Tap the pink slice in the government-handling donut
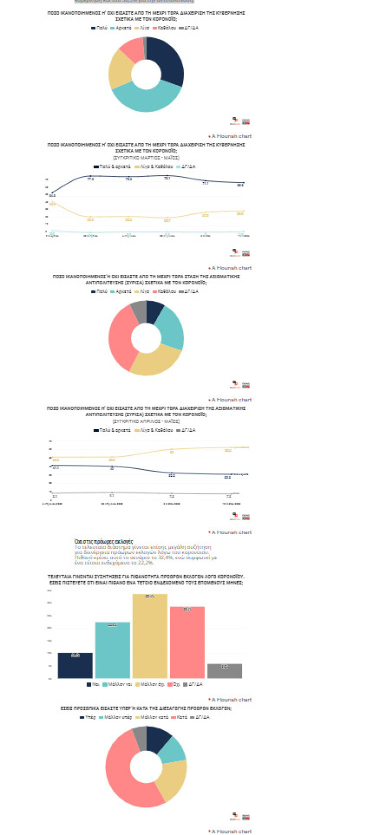tap(131, 47)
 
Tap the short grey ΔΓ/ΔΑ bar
tap(224, 671)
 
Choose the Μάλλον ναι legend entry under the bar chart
tap(116, 684)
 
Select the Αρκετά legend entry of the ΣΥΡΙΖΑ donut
tap(121, 291)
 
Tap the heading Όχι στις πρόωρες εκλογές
tap(103, 541)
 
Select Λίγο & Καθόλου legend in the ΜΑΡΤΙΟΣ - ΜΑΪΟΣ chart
tap(155, 166)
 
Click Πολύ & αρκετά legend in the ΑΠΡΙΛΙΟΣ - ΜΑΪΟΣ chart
tap(113, 430)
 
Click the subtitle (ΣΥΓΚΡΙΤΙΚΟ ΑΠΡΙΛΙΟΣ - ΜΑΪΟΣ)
tap(146, 421)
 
